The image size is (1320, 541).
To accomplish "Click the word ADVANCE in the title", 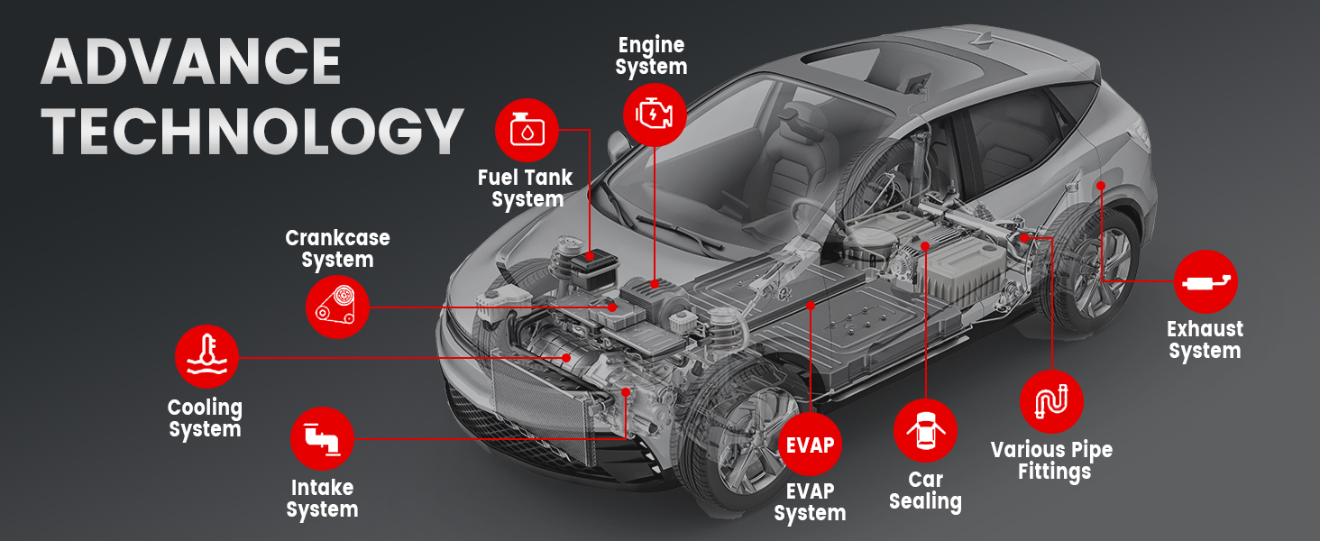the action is [191, 63].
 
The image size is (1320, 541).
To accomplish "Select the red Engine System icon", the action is [655, 114].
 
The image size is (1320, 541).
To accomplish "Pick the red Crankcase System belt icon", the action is [337, 307].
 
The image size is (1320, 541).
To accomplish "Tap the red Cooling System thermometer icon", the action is [206, 357].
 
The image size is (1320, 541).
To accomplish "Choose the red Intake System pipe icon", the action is [322, 438].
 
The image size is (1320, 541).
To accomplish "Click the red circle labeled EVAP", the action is [810, 445].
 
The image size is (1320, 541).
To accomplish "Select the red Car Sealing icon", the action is [925, 431].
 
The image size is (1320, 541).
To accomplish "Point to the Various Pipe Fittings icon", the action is [1051, 401].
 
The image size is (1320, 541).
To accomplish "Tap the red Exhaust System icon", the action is [1205, 282].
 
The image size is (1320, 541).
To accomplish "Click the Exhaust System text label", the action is [1205, 340].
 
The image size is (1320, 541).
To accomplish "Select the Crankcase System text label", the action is [337, 249].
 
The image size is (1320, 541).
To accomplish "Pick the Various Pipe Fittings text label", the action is [1051, 460].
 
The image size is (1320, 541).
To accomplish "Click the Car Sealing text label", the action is [925, 491].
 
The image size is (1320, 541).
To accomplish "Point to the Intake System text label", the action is [322, 499].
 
